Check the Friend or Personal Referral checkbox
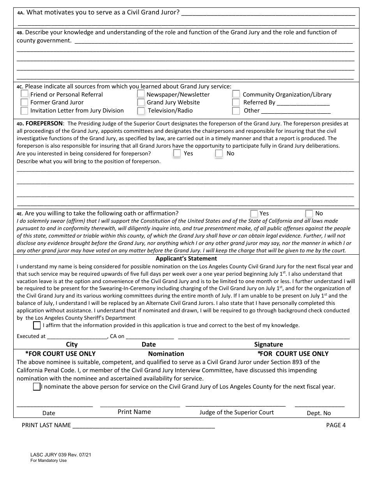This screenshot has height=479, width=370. [x=24, y=94]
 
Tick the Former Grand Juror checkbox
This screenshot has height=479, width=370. [x=24, y=102]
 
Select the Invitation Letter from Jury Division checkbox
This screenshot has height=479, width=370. [x=24, y=111]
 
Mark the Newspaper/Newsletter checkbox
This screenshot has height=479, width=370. [x=141, y=94]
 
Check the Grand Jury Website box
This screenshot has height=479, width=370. [x=141, y=102]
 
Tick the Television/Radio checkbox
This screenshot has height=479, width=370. [x=141, y=111]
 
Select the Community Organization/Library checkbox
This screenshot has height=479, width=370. [x=236, y=94]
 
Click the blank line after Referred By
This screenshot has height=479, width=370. [x=303, y=103]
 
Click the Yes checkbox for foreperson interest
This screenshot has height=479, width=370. [x=177, y=153]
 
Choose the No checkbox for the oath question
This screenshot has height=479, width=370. [x=309, y=213]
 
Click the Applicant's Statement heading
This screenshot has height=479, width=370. [x=186, y=259]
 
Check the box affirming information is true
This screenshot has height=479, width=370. [x=37, y=325]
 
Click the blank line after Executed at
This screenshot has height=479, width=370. [x=77, y=337]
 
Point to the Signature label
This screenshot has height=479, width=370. [x=268, y=344]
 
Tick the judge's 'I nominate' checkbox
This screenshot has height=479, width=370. [x=37, y=387]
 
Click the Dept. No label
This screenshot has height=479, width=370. [x=319, y=413]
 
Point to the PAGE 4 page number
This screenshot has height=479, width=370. [x=336, y=425]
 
